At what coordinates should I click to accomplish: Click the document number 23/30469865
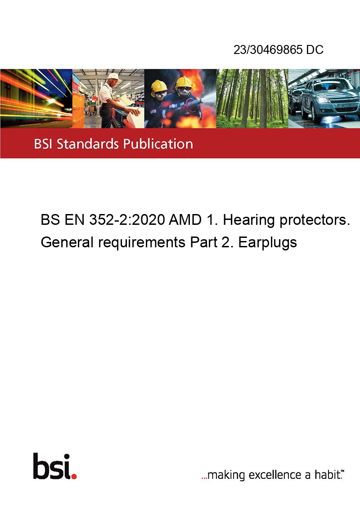(268, 49)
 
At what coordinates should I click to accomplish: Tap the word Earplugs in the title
(267, 243)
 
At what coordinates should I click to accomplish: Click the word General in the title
(67, 242)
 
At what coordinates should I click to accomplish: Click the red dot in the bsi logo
(74, 476)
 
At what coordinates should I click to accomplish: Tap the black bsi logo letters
(52, 466)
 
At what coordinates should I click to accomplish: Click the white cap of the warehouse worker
(113, 76)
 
